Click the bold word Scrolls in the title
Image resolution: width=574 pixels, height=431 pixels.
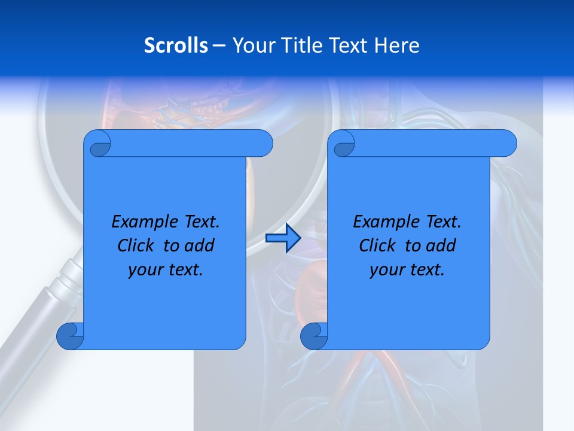tap(176, 45)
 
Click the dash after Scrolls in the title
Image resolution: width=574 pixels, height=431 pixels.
tap(219, 45)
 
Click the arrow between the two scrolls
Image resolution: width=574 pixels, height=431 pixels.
tap(283, 239)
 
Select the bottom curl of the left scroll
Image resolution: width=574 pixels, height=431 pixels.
tap(70, 336)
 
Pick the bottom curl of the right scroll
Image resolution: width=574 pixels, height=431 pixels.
tap(314, 336)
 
